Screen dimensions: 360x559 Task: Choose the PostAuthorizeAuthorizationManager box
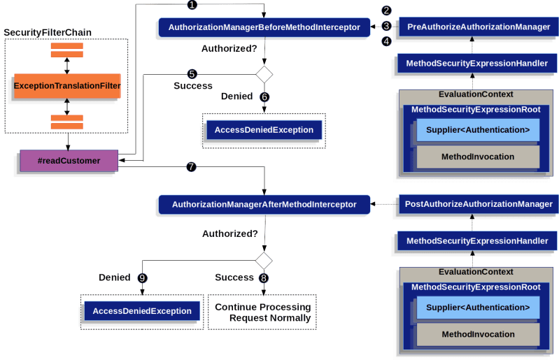(479, 204)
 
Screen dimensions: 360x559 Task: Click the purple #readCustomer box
(68, 161)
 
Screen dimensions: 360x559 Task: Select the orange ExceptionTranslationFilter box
(67, 86)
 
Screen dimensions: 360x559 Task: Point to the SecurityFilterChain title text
(47, 34)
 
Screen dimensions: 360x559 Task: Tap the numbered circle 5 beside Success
(191, 73)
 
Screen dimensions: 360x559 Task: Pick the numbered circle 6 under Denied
(264, 96)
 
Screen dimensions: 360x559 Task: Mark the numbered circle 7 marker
(190, 168)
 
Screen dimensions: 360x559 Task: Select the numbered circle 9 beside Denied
(142, 278)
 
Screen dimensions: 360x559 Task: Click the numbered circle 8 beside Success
(264, 278)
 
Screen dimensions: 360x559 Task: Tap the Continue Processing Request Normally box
(263, 312)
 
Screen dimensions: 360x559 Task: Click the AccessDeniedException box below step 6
(264, 130)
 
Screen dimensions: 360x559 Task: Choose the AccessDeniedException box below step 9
(142, 311)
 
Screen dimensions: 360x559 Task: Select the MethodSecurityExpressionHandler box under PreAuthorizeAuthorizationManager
(477, 64)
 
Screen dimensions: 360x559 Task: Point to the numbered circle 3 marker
(386, 27)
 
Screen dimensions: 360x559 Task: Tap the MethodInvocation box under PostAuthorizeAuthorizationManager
(478, 334)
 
